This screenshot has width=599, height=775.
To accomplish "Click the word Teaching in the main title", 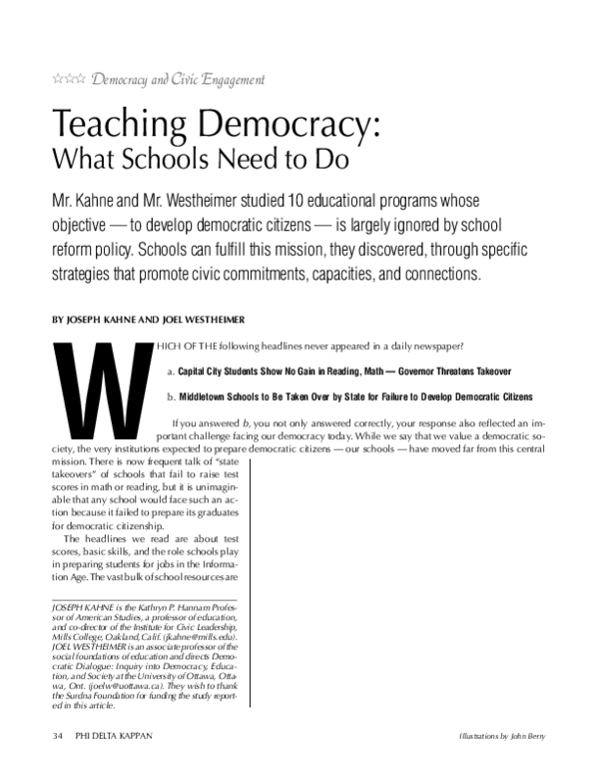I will tap(125, 126).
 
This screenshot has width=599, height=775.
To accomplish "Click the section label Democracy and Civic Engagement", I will tap(178, 78).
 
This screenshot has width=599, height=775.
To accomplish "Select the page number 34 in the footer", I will tap(57, 738).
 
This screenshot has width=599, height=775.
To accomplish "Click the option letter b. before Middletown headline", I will tap(170, 396).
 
